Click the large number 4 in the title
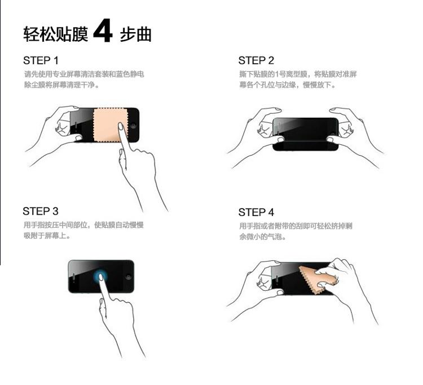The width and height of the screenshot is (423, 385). pyautogui.click(x=103, y=30)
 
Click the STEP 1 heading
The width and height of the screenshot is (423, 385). pyautogui.click(x=41, y=61)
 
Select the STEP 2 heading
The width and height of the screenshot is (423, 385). pyautogui.click(x=256, y=61)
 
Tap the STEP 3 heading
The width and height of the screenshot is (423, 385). pyautogui.click(x=41, y=211)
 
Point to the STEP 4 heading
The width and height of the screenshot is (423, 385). pyautogui.click(x=256, y=213)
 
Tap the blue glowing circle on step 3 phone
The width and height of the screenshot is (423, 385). pyautogui.click(x=100, y=277)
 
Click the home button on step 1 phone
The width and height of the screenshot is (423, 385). pyautogui.click(x=133, y=126)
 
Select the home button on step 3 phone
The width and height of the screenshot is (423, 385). pyautogui.click(x=128, y=277)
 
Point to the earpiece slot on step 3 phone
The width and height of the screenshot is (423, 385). pyautogui.click(x=74, y=277)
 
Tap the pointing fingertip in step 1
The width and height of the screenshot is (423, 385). pyautogui.click(x=121, y=126)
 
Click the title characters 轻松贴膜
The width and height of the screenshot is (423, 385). pyautogui.click(x=56, y=34)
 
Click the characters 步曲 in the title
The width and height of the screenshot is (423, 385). pyautogui.click(x=135, y=34)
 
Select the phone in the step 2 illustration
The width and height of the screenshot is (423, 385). pyautogui.click(x=306, y=134)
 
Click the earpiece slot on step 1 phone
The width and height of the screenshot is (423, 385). pyautogui.click(x=76, y=126)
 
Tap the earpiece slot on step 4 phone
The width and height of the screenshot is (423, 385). pyautogui.click(x=277, y=280)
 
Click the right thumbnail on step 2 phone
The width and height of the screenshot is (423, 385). pyautogui.click(x=331, y=139)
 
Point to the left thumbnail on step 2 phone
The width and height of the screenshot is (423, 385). pyautogui.click(x=280, y=140)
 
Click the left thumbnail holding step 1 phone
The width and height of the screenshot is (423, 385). pyautogui.click(x=78, y=138)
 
